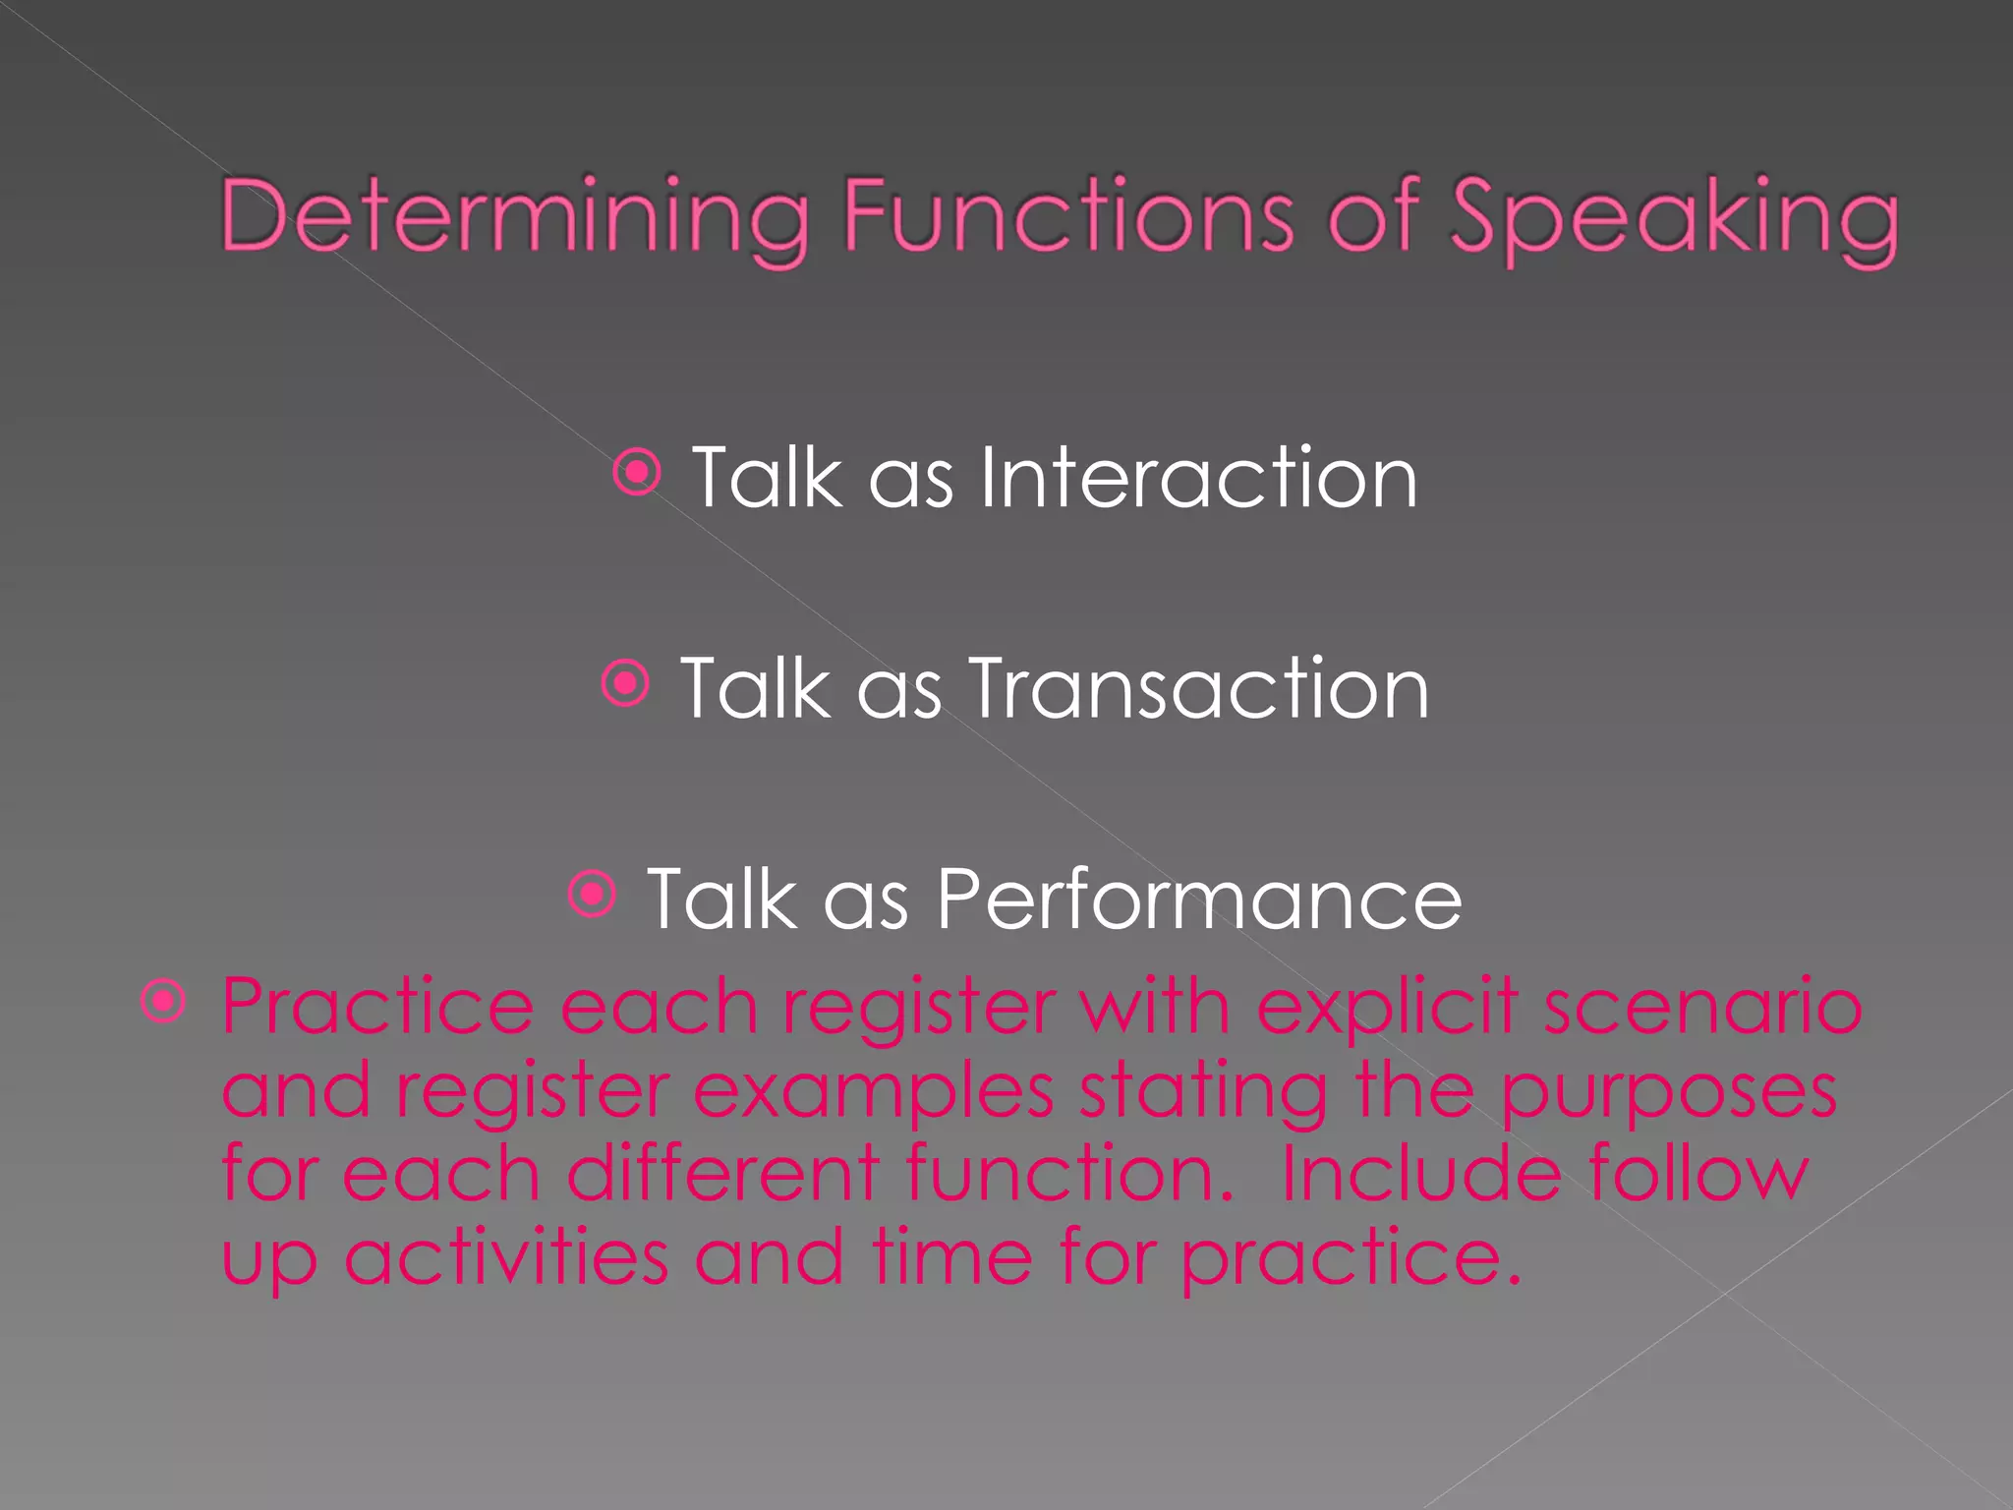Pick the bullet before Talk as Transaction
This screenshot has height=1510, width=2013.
pos(625,683)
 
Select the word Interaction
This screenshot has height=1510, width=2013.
pos(1198,478)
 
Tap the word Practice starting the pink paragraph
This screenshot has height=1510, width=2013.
pos(377,1007)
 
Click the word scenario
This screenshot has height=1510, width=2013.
pos(1702,1007)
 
